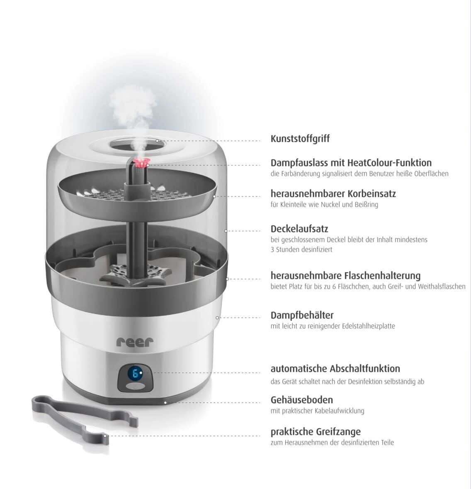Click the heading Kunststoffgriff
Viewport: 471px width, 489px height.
(300, 139)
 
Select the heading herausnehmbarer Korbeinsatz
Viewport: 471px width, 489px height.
(333, 194)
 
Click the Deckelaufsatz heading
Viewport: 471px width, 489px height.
(299, 229)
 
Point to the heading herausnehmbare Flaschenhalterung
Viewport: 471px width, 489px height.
(345, 276)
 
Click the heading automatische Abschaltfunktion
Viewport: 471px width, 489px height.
(335, 368)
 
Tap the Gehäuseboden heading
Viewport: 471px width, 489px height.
(301, 400)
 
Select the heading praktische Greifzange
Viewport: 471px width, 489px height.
(316, 432)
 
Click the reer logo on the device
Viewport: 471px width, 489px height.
(135, 342)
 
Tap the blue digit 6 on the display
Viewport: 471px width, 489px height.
(135, 374)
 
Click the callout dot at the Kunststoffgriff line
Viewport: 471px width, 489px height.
(158, 141)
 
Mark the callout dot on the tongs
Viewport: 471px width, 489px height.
(106, 436)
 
